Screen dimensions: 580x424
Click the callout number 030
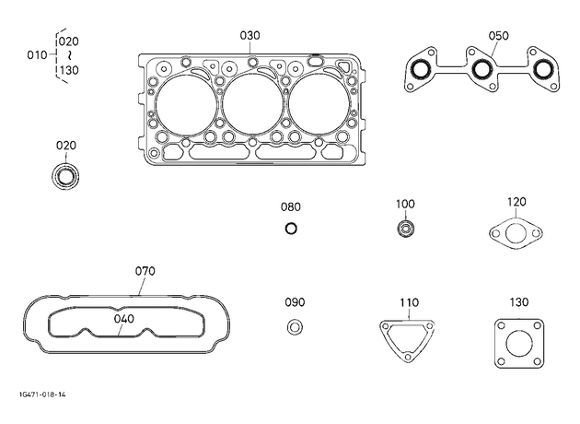pyautogui.click(x=249, y=36)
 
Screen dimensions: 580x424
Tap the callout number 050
pyautogui.click(x=498, y=36)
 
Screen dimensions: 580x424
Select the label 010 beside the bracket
pyautogui.click(x=37, y=55)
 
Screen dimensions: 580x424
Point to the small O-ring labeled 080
pyautogui.click(x=291, y=229)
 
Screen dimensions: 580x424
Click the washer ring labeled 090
pyautogui.click(x=295, y=327)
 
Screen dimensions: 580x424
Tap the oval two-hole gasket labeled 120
pyautogui.click(x=516, y=234)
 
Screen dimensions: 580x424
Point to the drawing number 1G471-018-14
pyautogui.click(x=42, y=395)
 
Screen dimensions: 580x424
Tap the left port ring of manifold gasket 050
pyautogui.click(x=422, y=69)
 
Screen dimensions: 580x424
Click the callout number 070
pyautogui.click(x=145, y=271)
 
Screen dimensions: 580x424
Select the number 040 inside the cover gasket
pyautogui.click(x=124, y=319)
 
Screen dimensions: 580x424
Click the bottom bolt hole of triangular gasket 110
pyautogui.click(x=408, y=357)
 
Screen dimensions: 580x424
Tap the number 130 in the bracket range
pyautogui.click(x=69, y=70)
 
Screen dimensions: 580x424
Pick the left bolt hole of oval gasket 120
pyautogui.click(x=496, y=234)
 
